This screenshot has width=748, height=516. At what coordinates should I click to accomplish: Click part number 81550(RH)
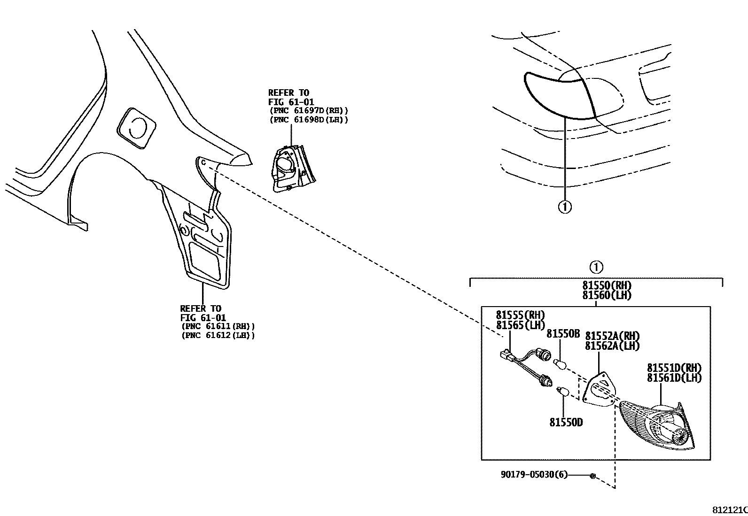click(x=607, y=285)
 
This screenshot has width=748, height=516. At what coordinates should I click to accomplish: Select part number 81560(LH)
click(x=607, y=295)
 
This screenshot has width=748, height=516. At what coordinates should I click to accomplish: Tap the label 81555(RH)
click(x=520, y=315)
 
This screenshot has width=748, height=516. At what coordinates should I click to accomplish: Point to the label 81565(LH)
click(x=520, y=324)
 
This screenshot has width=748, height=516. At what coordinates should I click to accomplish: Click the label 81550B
click(x=563, y=334)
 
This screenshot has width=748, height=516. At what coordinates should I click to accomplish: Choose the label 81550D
click(x=566, y=423)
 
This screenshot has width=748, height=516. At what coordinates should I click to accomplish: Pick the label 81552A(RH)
click(x=612, y=336)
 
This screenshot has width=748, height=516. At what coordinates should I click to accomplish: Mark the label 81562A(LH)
click(x=612, y=346)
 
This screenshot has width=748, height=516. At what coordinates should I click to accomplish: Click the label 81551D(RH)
click(x=674, y=368)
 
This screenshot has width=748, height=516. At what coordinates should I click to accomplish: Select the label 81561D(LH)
click(x=674, y=377)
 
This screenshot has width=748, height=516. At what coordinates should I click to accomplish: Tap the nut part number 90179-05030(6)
click(x=534, y=475)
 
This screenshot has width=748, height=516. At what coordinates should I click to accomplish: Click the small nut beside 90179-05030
click(x=592, y=476)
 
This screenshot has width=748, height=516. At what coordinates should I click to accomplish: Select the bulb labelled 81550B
click(x=561, y=364)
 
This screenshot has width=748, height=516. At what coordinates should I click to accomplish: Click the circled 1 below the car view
click(x=564, y=207)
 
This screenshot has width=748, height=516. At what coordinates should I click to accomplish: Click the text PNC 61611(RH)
click(x=218, y=326)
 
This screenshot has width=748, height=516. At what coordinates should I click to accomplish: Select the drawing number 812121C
click(x=730, y=510)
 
